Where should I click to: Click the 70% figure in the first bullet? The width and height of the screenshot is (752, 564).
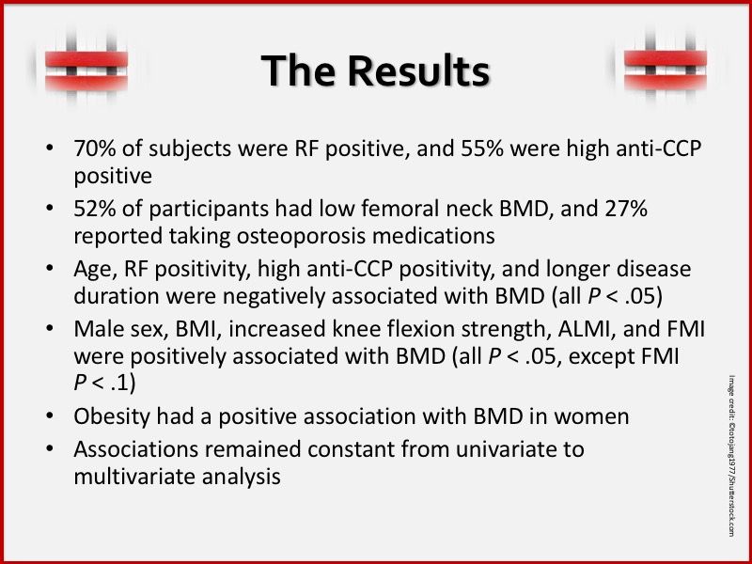(94, 149)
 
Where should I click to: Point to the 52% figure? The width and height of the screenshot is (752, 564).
(94, 210)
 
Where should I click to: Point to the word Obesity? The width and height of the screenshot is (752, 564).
(108, 415)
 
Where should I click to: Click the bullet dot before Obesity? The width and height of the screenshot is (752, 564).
(50, 416)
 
